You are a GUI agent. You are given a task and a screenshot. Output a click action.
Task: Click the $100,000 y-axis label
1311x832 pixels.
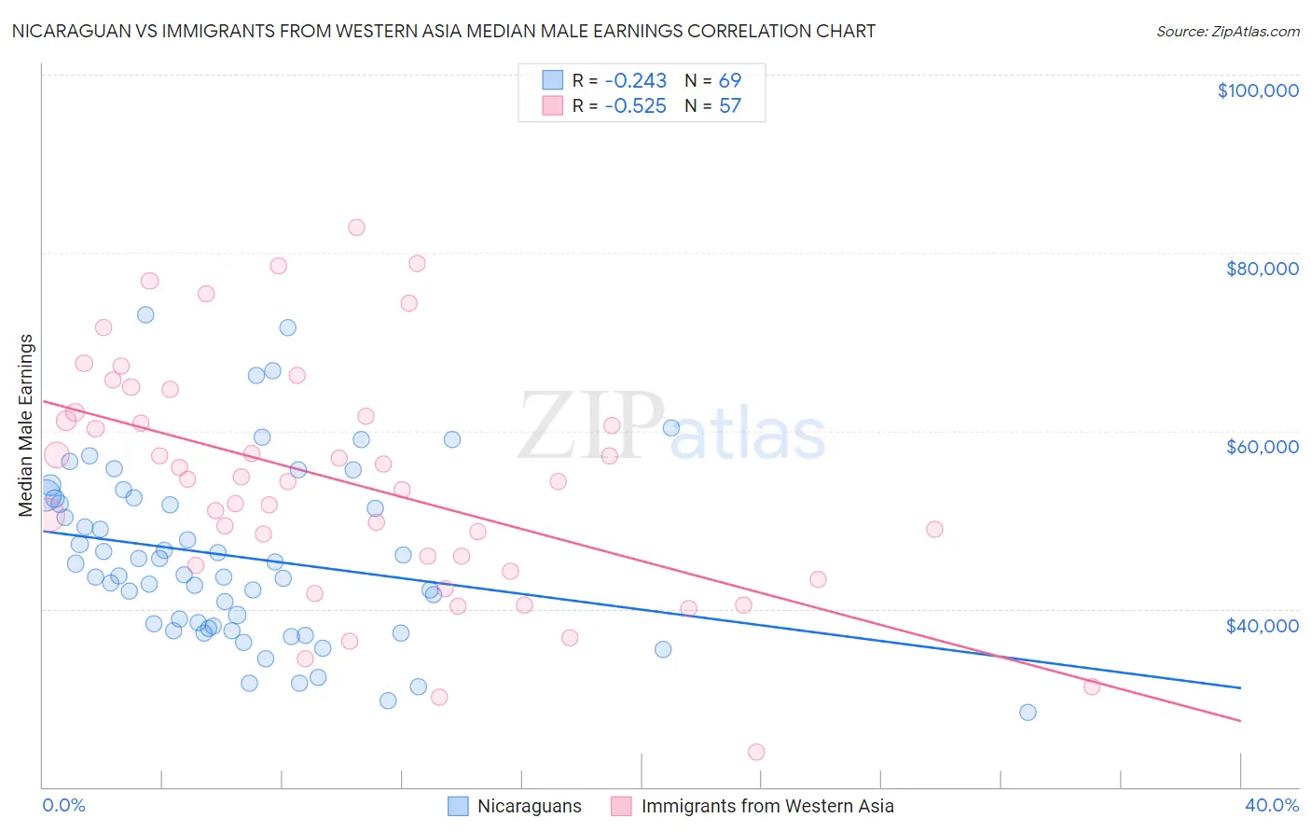click(x=1258, y=90)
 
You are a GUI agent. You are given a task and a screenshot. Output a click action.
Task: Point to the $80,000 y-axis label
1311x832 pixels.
click(x=1262, y=269)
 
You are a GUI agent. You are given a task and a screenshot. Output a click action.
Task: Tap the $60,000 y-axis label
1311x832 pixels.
click(x=1262, y=447)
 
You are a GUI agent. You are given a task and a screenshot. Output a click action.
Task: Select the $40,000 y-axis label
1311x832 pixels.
click(x=1262, y=625)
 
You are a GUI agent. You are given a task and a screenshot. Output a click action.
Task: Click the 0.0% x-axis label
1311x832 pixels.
click(x=63, y=805)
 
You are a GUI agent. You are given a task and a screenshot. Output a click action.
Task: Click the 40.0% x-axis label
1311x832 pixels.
click(x=1271, y=805)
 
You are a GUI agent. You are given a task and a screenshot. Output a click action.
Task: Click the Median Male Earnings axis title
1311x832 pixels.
click(x=26, y=424)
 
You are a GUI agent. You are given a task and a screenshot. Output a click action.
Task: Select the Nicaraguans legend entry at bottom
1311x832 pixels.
click(x=529, y=806)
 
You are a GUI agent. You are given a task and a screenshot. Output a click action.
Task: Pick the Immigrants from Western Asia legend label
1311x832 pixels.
click(x=766, y=806)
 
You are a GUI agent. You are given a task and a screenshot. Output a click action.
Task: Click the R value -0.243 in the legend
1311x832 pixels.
click(x=635, y=80)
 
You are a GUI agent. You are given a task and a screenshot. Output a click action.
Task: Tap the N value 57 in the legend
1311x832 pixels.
click(x=730, y=105)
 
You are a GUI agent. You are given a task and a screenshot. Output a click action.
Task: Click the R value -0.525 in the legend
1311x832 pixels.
click(x=635, y=105)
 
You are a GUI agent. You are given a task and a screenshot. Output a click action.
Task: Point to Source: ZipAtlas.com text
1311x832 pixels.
click(x=1227, y=31)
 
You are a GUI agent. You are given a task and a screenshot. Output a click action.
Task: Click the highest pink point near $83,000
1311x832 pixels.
click(x=356, y=228)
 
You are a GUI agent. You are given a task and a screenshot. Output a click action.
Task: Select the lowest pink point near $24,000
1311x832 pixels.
click(x=756, y=752)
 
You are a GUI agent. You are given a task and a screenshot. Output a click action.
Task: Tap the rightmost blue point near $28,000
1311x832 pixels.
click(x=1028, y=713)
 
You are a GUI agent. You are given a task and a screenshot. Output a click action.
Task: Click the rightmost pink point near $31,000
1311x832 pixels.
click(x=1092, y=686)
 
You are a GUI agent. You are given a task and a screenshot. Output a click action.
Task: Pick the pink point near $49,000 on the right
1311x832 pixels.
click(x=934, y=529)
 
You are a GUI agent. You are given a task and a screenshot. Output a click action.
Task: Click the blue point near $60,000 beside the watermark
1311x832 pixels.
click(x=671, y=428)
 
